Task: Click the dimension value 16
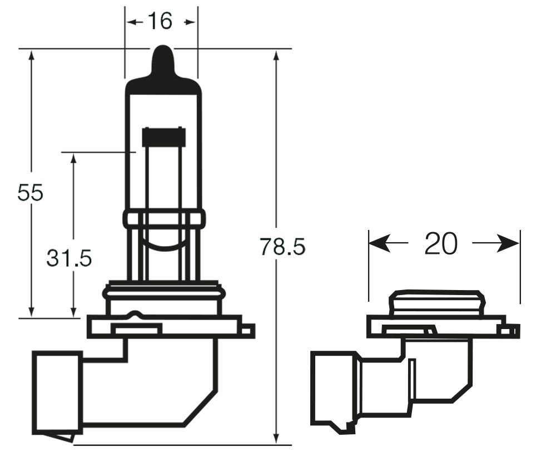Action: [x=160, y=22]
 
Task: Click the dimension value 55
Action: [x=30, y=193]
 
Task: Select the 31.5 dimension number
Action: [x=69, y=258]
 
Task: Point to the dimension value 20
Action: [x=441, y=243]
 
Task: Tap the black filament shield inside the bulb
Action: [x=163, y=137]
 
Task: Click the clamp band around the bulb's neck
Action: [x=163, y=218]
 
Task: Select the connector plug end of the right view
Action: [x=334, y=390]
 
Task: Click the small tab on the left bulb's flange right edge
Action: [x=249, y=330]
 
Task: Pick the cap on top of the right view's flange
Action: [x=436, y=303]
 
